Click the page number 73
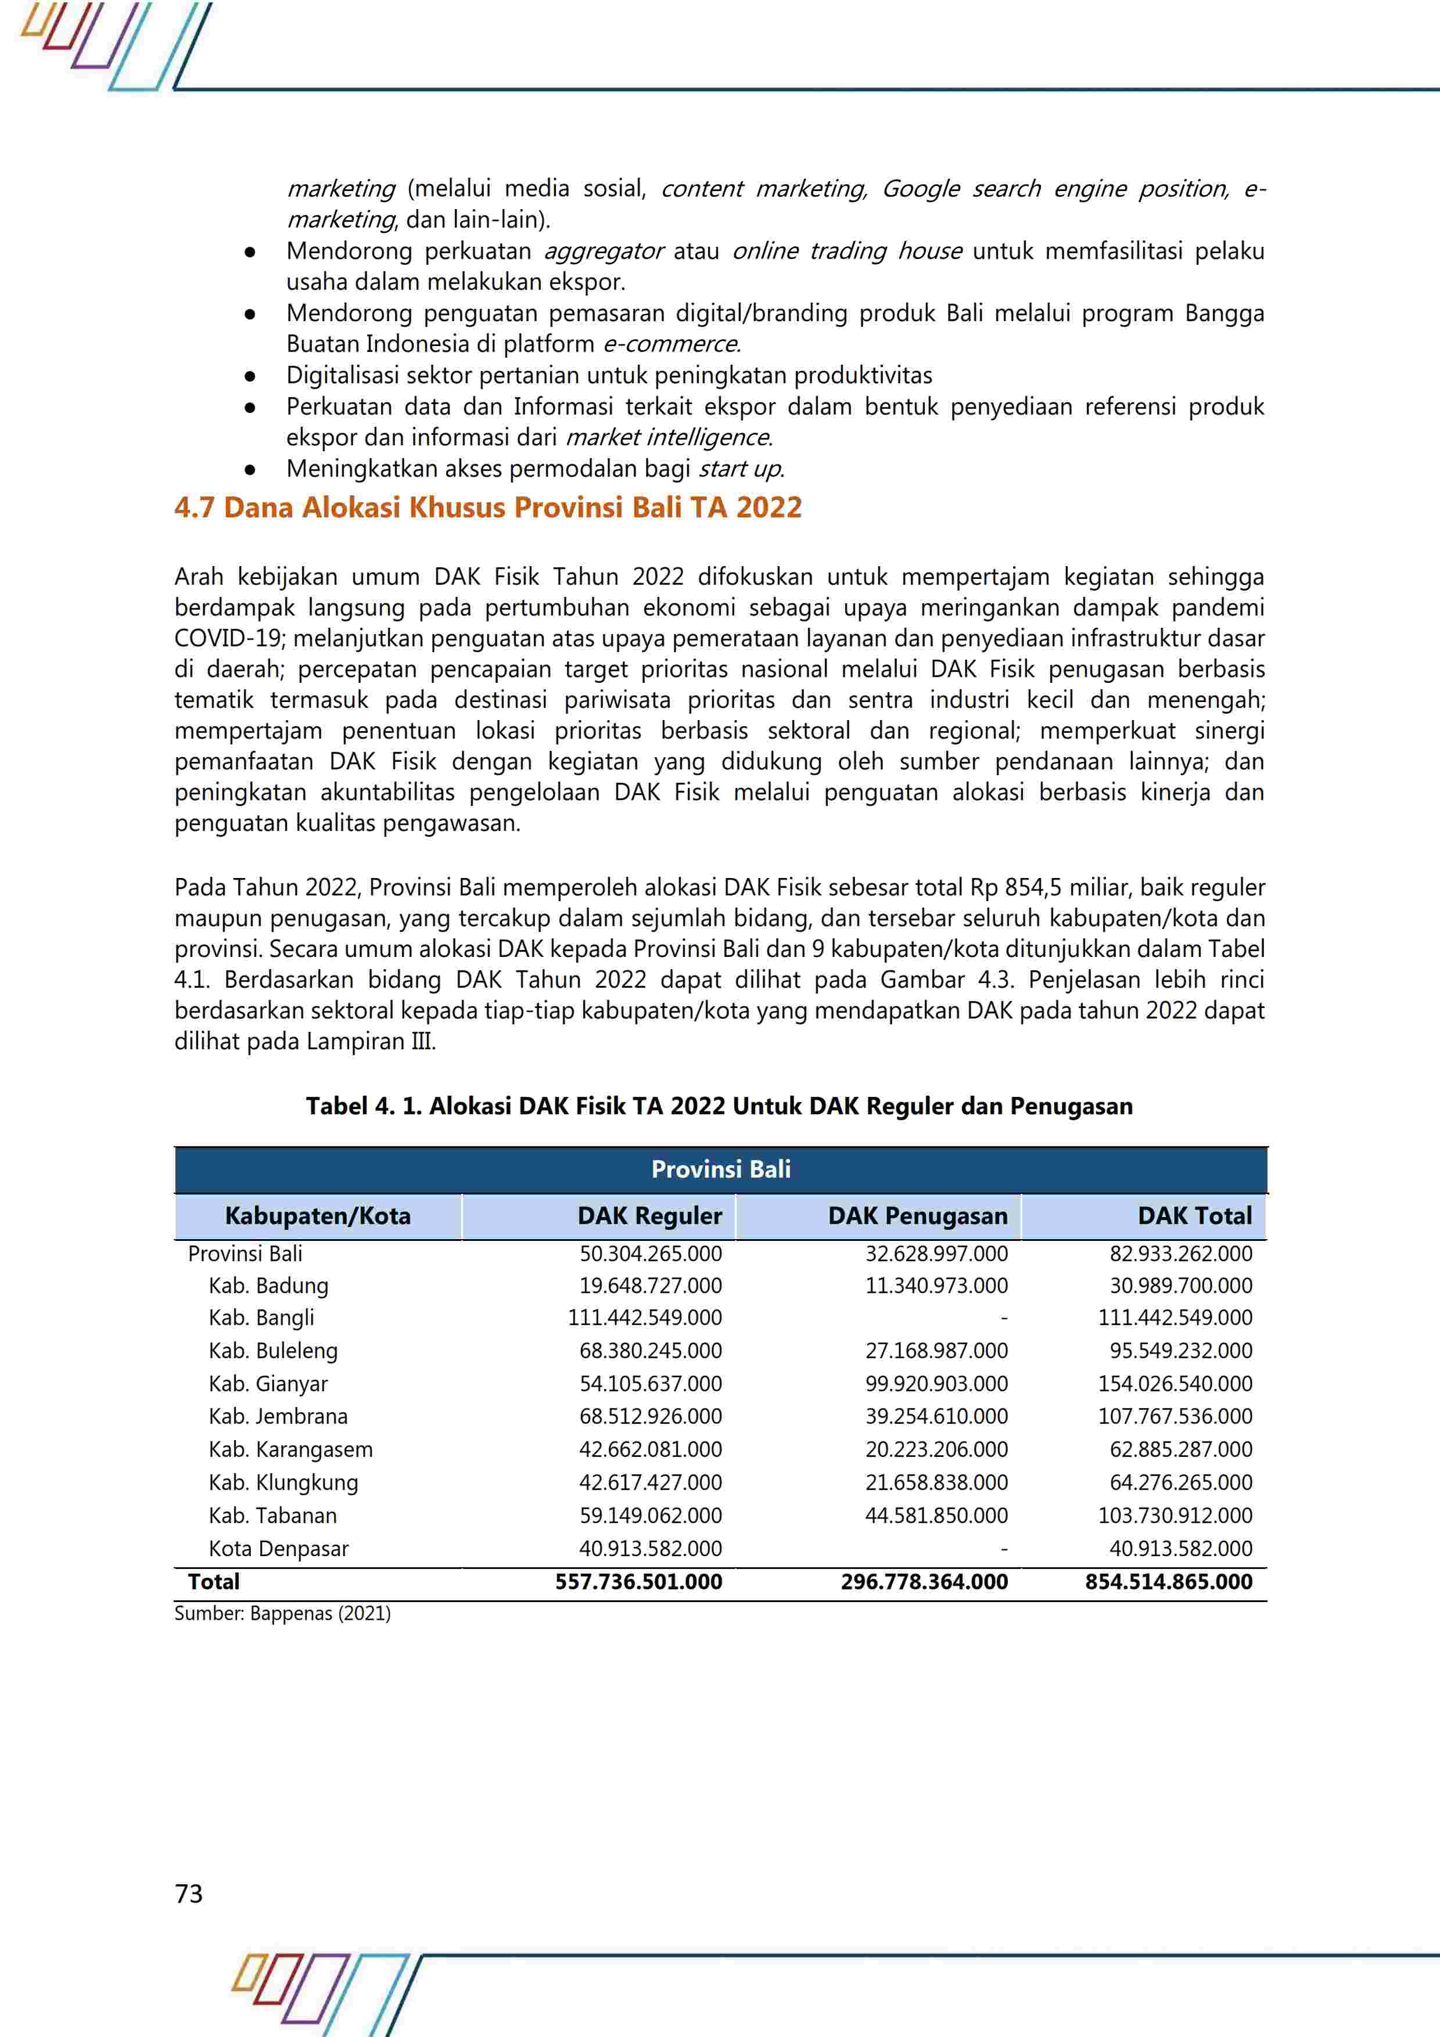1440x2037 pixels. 189,1893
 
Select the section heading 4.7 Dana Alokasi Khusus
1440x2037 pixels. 488,508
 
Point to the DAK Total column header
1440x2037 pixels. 1194,1215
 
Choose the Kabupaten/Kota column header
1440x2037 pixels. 318,1215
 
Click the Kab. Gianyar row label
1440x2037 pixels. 268,1383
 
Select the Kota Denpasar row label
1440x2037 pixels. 279,1548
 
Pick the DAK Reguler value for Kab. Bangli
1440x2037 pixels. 645,1318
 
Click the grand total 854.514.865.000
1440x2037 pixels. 1169,1582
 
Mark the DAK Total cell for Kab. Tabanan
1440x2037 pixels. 1175,1516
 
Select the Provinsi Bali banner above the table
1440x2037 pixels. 720,1169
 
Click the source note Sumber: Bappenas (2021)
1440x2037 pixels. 282,1613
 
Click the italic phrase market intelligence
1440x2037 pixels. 668,437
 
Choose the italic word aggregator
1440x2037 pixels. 604,251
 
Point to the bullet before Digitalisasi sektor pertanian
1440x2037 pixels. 250,376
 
